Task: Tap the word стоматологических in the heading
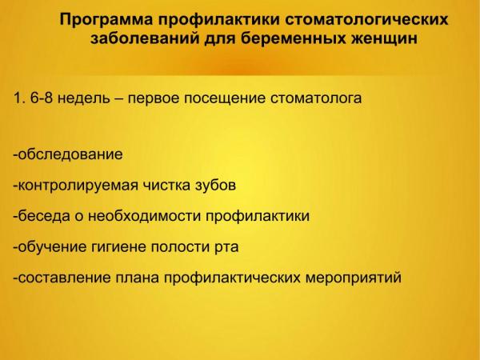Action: pos(366,19)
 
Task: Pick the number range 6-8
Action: pos(42,98)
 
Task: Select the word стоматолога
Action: pos(316,98)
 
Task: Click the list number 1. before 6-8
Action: pos(19,98)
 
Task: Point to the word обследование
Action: pos(70,154)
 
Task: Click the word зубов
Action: pos(215,185)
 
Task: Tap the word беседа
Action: pos(44,216)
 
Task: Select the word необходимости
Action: pos(144,216)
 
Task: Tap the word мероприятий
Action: pos(354,278)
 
